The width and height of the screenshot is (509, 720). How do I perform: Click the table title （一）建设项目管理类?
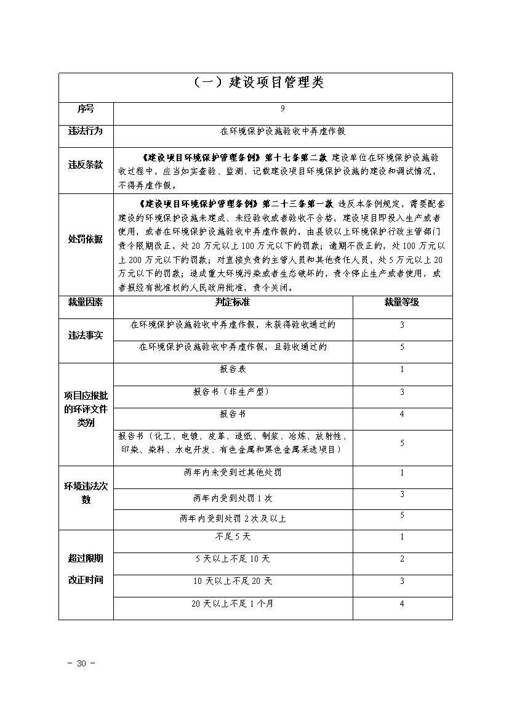coord(255,83)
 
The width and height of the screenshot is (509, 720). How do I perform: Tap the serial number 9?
coord(283,108)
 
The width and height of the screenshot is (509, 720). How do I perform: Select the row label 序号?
coord(86,109)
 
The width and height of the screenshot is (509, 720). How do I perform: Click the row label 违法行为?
coord(86,131)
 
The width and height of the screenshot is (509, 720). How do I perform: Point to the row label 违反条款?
coord(86,165)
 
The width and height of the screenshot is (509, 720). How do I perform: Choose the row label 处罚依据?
coord(86,239)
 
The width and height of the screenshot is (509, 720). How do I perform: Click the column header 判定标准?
coord(233,302)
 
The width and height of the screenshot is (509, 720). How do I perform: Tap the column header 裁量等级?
coord(402,302)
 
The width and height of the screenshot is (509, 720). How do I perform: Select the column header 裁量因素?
coord(86,302)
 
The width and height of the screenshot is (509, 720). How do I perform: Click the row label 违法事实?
coord(86,336)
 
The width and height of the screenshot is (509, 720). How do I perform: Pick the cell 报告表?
coord(233,369)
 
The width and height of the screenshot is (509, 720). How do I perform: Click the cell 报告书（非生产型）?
coord(233,392)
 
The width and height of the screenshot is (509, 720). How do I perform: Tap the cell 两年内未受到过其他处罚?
coord(233,472)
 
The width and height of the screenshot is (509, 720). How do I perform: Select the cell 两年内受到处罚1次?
coord(233,497)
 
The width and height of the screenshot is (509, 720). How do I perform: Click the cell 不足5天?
coord(233,536)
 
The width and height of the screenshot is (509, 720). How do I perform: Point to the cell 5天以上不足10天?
coord(233,559)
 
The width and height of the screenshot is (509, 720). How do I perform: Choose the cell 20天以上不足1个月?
coord(233,604)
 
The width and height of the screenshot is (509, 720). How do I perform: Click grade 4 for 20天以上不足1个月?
coord(402,604)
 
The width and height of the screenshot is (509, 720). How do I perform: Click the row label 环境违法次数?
coord(86,493)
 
